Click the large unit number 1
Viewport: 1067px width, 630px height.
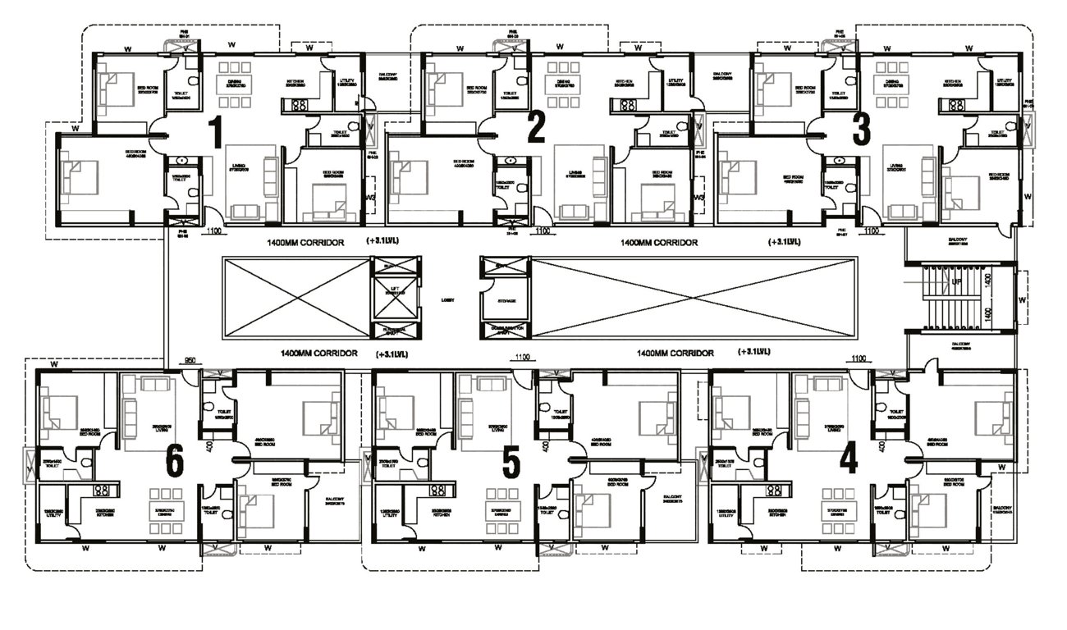(216, 132)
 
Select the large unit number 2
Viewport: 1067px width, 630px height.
(536, 128)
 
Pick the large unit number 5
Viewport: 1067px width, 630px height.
(511, 463)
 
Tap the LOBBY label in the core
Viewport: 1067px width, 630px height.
(447, 300)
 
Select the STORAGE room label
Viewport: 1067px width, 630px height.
(506, 301)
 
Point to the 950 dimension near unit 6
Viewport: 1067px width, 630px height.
(190, 359)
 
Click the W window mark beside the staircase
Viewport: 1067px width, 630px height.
(1023, 299)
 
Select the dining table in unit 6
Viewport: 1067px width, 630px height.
(161, 499)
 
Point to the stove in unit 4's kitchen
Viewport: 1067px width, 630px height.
(773, 491)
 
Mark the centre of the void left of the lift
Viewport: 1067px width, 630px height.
(295, 299)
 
